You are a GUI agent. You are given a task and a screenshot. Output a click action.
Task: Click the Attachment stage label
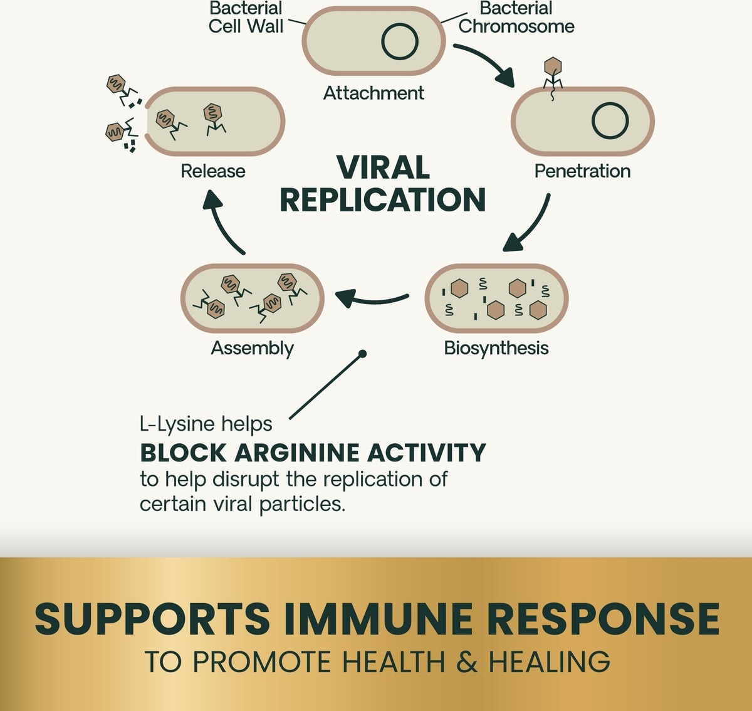(x=373, y=93)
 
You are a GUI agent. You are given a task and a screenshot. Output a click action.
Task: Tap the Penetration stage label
(x=582, y=171)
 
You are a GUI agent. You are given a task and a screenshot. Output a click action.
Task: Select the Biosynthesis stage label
(x=496, y=348)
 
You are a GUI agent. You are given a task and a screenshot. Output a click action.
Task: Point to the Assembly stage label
(x=252, y=348)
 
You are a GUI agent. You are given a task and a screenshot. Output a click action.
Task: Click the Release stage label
(x=212, y=171)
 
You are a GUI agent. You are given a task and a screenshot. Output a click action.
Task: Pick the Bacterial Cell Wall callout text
(x=246, y=18)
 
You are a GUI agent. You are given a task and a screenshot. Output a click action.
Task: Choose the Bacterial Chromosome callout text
(x=516, y=18)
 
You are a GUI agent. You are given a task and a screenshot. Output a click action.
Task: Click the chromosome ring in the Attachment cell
(x=400, y=41)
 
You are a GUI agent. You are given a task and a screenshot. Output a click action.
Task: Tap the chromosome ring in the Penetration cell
(x=610, y=120)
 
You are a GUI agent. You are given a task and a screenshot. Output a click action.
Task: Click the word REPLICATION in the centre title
(x=382, y=200)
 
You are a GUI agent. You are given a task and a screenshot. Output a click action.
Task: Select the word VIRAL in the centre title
(x=383, y=168)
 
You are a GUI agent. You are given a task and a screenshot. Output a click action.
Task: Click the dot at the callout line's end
(x=362, y=354)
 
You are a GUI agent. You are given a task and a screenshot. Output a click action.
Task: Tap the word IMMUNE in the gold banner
(x=378, y=619)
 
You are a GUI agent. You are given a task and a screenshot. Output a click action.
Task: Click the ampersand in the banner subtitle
(x=466, y=662)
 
